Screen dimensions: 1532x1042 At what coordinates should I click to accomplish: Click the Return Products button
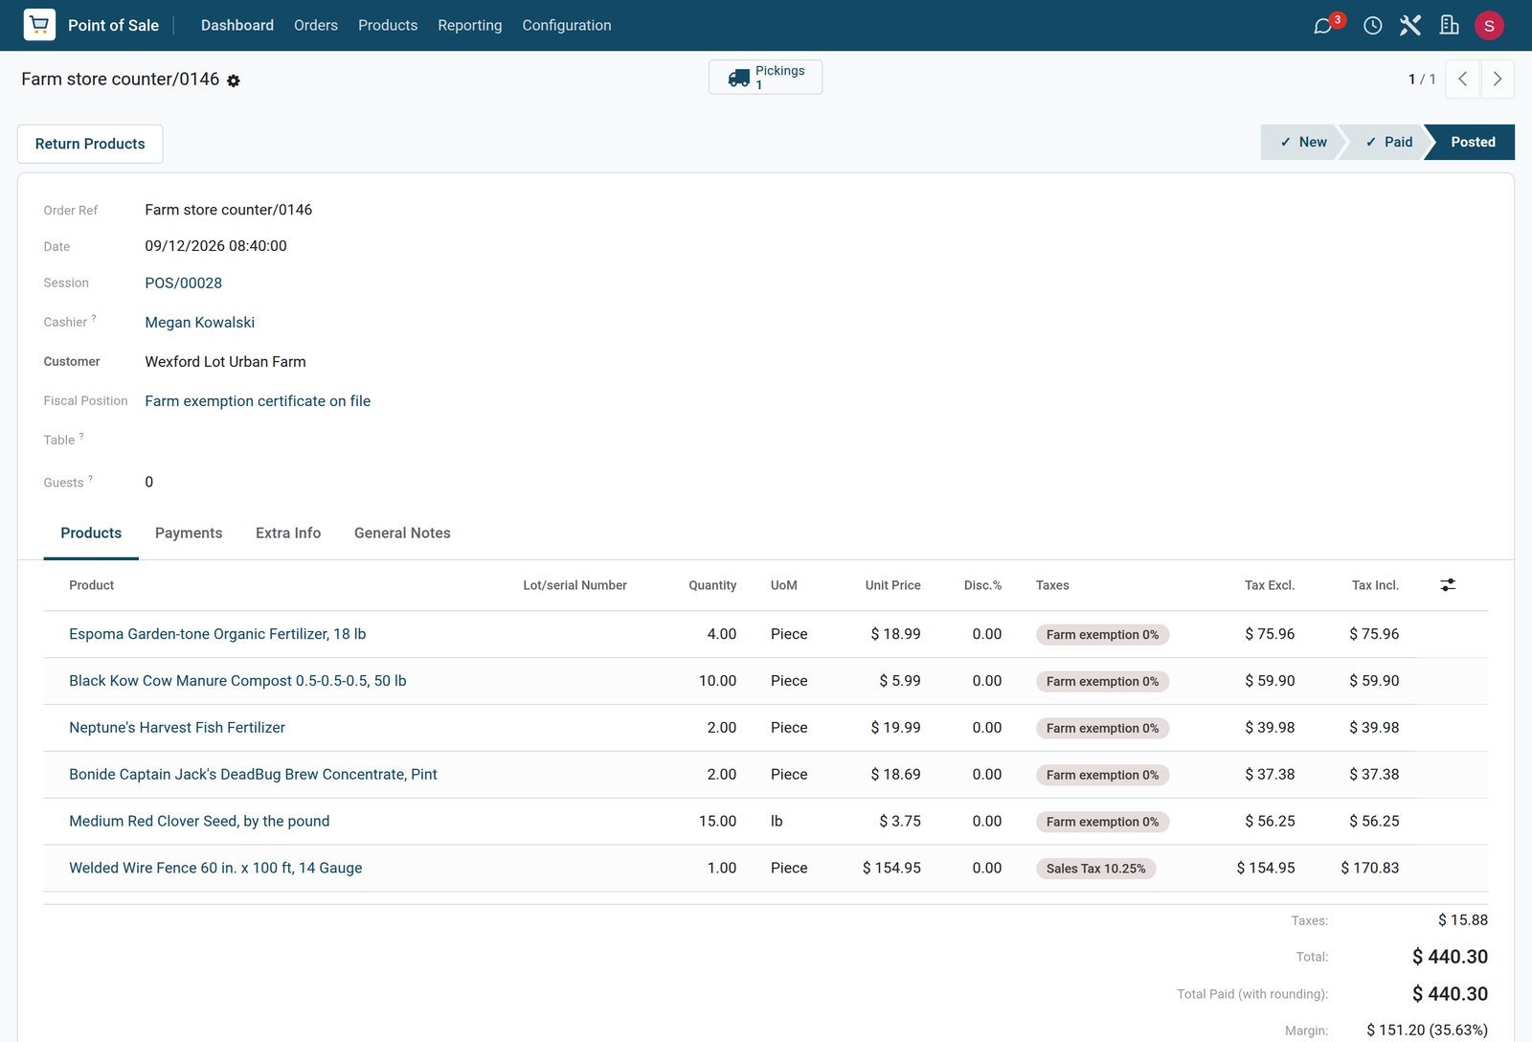click(x=90, y=144)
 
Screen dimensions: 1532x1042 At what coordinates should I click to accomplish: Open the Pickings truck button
click(x=765, y=78)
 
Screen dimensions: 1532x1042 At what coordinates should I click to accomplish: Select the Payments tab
click(x=189, y=533)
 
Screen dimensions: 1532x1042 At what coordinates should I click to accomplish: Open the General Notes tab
click(x=402, y=533)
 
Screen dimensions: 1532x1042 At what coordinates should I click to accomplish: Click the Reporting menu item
click(x=470, y=25)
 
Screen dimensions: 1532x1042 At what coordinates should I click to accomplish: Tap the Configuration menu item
click(x=567, y=25)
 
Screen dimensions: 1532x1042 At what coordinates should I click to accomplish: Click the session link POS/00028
click(x=183, y=283)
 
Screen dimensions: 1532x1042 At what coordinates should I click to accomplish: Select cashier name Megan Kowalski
click(x=200, y=322)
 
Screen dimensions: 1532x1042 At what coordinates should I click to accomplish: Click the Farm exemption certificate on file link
click(x=258, y=401)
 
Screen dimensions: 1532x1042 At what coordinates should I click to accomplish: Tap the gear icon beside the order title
click(x=234, y=80)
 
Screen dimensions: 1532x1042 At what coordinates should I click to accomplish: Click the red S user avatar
click(x=1489, y=25)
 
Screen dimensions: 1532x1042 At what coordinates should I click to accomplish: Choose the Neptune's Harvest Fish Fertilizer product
click(x=177, y=727)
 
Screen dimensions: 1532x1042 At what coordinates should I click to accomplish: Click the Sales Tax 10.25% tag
click(x=1095, y=869)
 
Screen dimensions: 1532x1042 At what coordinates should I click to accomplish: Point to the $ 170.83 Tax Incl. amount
click(x=1370, y=868)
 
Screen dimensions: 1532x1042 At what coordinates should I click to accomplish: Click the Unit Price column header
click(x=892, y=585)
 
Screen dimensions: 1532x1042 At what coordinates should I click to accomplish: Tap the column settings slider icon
click(x=1448, y=585)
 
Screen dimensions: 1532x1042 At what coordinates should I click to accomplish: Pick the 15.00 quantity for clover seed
click(x=717, y=821)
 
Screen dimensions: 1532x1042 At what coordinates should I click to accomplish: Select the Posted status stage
click(x=1473, y=143)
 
